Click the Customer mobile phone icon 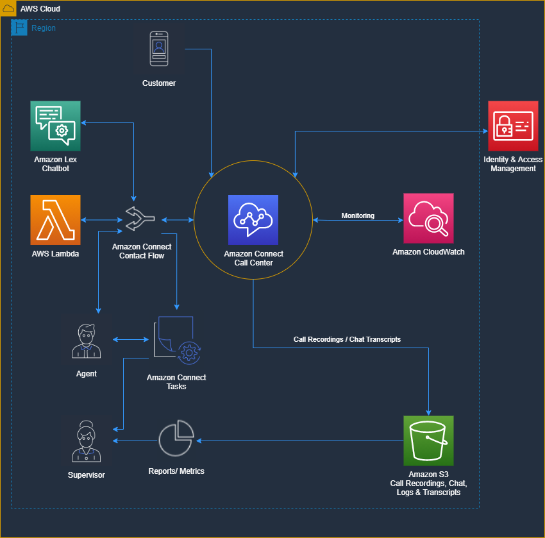[x=159, y=49]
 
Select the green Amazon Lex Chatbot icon [x=55, y=126]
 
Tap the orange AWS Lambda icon [x=55, y=220]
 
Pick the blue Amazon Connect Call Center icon [x=253, y=220]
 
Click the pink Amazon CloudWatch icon [x=428, y=218]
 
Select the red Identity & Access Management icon [x=512, y=126]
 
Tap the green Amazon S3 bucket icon [x=428, y=441]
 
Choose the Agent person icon [x=86, y=341]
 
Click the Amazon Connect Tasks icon [x=176, y=340]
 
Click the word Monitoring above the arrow [x=358, y=215]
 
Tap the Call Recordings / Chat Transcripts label [x=347, y=339]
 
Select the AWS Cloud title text [x=40, y=9]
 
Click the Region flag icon [x=20, y=28]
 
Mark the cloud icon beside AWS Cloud [x=8, y=8]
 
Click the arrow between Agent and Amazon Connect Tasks [x=131, y=340]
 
